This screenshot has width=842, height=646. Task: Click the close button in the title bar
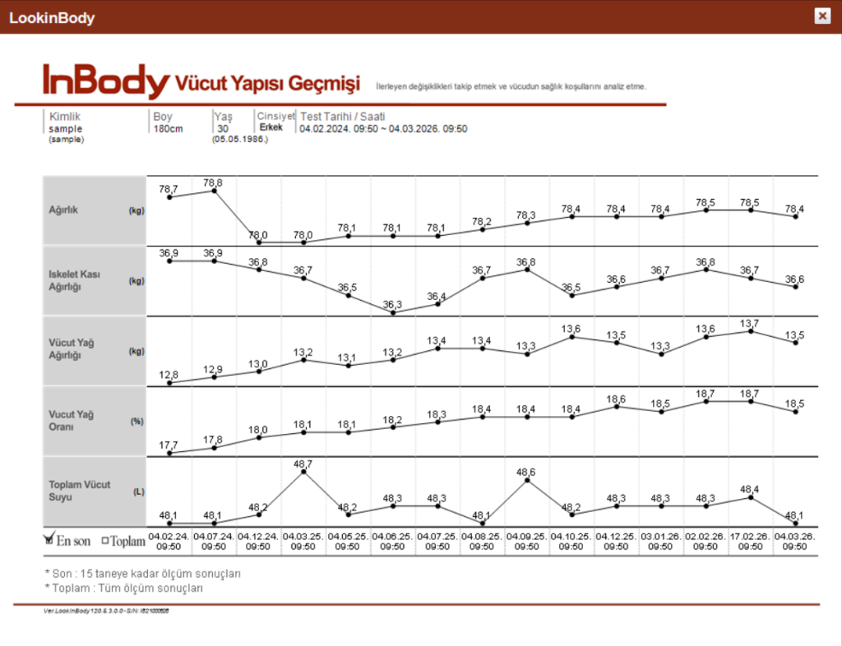coord(821,16)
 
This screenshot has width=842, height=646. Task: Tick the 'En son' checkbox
coord(49,539)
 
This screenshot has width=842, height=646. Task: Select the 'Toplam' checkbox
coord(105,541)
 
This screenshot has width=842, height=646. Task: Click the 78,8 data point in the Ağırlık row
coord(214,191)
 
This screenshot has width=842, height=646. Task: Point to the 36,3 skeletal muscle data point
coord(393,313)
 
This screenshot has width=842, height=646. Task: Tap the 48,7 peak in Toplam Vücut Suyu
coord(303,472)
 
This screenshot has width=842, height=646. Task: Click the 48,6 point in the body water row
coord(527,480)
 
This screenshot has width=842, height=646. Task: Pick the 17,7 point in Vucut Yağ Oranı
coord(169,453)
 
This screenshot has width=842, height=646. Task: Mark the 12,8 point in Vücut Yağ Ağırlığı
coord(169,383)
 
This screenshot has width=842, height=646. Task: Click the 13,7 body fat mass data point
coord(751,331)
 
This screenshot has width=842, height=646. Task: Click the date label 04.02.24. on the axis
coord(169,536)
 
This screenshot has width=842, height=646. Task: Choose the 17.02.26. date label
coord(751,536)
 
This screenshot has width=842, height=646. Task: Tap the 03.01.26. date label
coord(661,536)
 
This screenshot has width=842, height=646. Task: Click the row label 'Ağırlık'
coord(64,210)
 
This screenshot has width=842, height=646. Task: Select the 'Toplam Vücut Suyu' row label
coord(79,491)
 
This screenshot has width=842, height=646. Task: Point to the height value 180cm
coord(168,128)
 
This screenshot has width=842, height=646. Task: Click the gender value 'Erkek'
coord(271,127)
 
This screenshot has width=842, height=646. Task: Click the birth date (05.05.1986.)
coord(240,139)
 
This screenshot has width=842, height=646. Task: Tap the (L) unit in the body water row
coord(138,491)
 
